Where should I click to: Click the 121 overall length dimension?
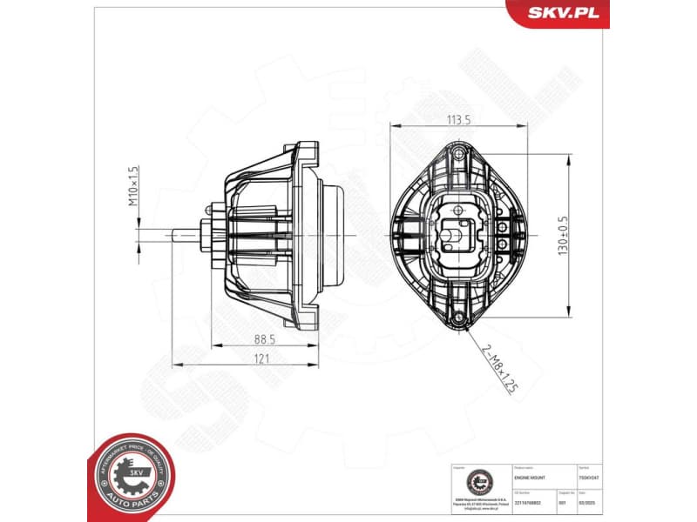click(261, 358)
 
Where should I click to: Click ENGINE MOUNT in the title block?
click(531, 478)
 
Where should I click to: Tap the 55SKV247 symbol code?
click(602, 478)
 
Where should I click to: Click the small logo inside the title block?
click(477, 482)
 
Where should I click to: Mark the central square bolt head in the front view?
click(455, 231)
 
